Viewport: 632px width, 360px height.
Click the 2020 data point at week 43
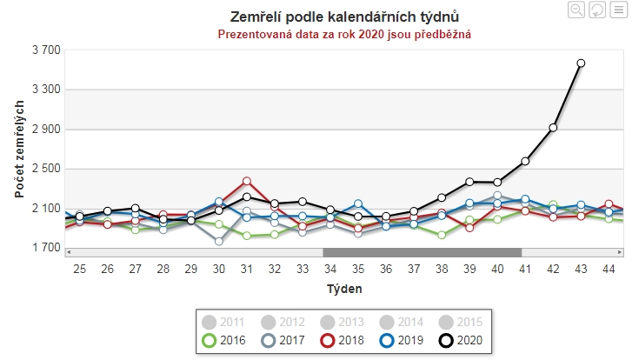(x=581, y=63)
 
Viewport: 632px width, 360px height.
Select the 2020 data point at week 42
(x=553, y=128)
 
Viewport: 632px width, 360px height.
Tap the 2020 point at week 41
(x=525, y=162)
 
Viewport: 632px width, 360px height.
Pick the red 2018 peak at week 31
(x=247, y=182)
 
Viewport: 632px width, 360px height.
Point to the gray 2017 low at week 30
(x=219, y=241)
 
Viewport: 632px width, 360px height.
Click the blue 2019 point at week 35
(x=358, y=203)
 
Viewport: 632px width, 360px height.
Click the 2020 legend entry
(x=461, y=339)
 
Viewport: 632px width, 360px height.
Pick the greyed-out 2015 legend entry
(x=461, y=322)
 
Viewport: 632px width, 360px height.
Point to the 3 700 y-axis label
(x=45, y=50)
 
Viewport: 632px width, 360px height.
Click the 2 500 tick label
(x=45, y=169)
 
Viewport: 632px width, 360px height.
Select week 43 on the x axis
(x=581, y=269)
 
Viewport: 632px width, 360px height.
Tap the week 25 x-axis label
(x=80, y=269)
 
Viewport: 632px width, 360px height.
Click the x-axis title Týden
(x=344, y=288)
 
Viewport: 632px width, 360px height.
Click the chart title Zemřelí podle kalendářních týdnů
(x=344, y=17)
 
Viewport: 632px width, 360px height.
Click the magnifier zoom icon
(x=576, y=10)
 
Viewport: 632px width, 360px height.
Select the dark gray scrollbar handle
(x=422, y=252)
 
